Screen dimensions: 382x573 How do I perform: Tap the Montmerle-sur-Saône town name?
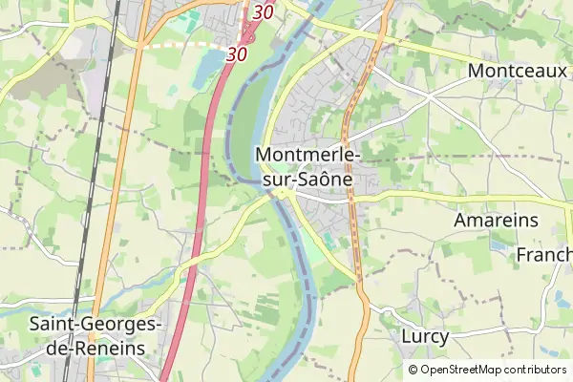[306, 166]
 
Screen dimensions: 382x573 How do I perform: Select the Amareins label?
[497, 221]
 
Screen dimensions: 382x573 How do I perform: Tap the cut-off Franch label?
[544, 255]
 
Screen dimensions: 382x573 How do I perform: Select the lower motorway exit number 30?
[237, 55]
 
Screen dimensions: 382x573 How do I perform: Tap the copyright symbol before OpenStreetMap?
[413, 370]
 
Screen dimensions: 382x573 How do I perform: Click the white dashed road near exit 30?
[186, 43]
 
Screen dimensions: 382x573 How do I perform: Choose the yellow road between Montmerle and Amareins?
[430, 196]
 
